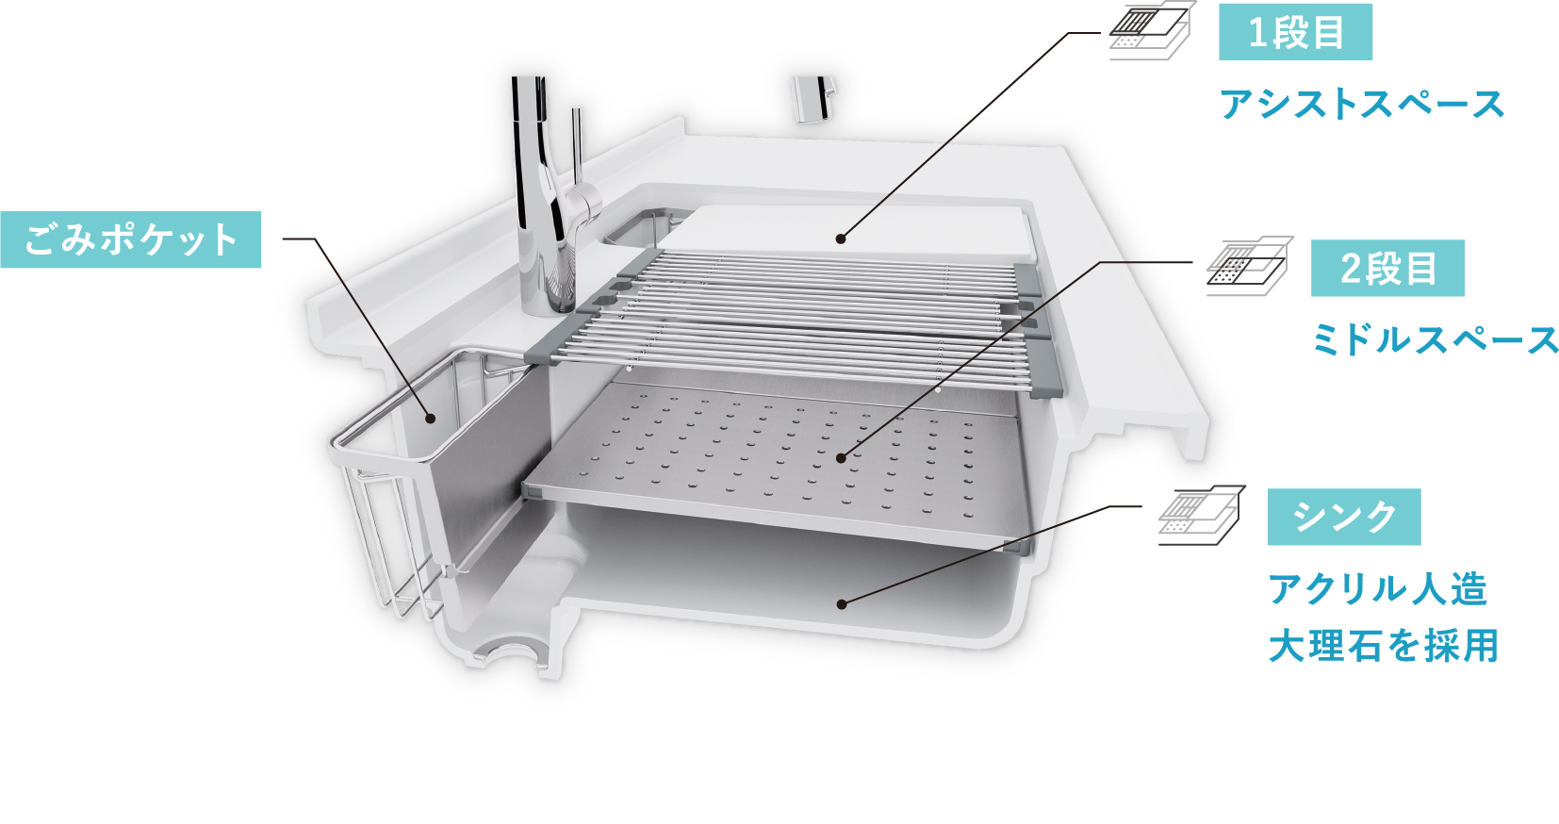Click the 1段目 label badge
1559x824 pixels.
pos(1295,32)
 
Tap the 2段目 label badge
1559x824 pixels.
pos(1387,268)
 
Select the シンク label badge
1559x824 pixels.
pos(1344,517)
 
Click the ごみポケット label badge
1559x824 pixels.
pos(131,239)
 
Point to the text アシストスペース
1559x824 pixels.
pos(1362,105)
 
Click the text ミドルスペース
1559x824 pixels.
pos(1435,340)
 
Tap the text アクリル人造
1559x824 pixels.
pos(1377,589)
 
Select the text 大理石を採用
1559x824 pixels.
pos(1383,646)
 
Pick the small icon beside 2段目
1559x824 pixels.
pos(1249,266)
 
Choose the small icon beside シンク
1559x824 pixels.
pos(1202,515)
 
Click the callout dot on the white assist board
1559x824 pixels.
pos(841,239)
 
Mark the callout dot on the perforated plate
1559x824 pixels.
pos(841,458)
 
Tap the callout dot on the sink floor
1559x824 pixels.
pos(842,604)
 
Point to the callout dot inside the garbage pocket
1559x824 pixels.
pos(430,419)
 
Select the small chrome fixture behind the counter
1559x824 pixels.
pos(813,99)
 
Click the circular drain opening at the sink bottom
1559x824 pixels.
pos(506,651)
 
